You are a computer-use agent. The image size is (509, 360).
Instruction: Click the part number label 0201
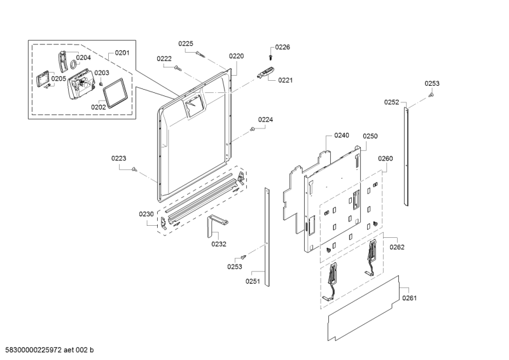122,53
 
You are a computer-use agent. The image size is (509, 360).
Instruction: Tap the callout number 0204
83,57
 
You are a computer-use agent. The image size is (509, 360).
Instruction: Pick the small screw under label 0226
270,57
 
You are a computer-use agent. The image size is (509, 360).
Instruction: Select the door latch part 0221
265,73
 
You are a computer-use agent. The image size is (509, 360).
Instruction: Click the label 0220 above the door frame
236,56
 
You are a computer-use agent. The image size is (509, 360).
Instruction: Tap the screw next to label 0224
252,129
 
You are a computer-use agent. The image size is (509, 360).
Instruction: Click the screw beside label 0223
134,169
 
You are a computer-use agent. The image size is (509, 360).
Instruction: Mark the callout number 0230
146,214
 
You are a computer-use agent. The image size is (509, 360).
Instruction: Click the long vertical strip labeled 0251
267,237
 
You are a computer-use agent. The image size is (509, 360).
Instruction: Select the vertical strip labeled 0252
406,156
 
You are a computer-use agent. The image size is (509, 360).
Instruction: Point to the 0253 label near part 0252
432,83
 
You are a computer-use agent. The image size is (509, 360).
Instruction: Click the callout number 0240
342,135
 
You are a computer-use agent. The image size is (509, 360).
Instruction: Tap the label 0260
386,158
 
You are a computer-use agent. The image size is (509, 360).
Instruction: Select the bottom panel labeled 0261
363,308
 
